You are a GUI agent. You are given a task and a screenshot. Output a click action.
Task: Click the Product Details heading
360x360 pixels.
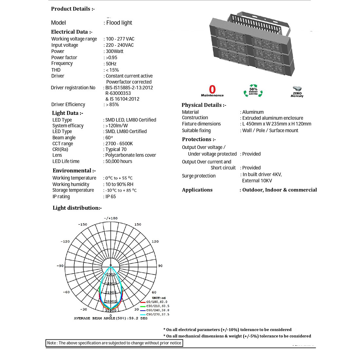click(73, 9)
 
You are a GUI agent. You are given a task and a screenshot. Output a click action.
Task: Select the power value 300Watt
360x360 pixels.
click(115, 51)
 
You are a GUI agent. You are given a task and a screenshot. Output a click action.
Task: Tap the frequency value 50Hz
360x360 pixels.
click(111, 64)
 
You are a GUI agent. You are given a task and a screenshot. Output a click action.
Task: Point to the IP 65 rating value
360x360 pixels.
click(111, 197)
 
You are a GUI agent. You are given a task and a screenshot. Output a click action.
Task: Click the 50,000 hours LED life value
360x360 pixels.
click(119, 161)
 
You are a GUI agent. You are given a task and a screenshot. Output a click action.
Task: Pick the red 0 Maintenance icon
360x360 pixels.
click(212, 91)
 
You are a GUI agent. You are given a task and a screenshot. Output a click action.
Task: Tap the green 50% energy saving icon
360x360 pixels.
click(253, 91)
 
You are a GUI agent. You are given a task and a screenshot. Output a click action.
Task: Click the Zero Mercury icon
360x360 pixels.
click(297, 92)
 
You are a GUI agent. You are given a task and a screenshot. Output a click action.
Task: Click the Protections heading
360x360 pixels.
click(199, 139)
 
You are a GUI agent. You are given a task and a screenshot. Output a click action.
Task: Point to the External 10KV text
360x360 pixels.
click(257, 181)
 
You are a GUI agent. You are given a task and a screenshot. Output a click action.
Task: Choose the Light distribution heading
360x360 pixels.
click(77, 208)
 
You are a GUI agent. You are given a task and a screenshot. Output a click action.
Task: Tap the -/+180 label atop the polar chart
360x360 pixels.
click(111, 218)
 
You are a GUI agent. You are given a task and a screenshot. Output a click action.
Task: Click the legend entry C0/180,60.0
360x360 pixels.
click(156, 302)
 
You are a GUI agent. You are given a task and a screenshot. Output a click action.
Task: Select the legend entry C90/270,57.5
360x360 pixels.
click(157, 314)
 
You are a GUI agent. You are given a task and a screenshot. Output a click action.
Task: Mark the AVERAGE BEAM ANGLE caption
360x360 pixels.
click(111, 318)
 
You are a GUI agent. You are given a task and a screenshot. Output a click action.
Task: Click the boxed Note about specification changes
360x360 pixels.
click(114, 343)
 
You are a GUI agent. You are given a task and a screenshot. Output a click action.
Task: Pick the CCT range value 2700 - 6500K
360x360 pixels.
click(119, 144)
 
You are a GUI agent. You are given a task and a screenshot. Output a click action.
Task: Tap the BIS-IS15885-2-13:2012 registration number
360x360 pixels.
click(129, 88)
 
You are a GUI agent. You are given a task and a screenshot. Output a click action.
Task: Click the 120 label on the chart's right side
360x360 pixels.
click(155, 242)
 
